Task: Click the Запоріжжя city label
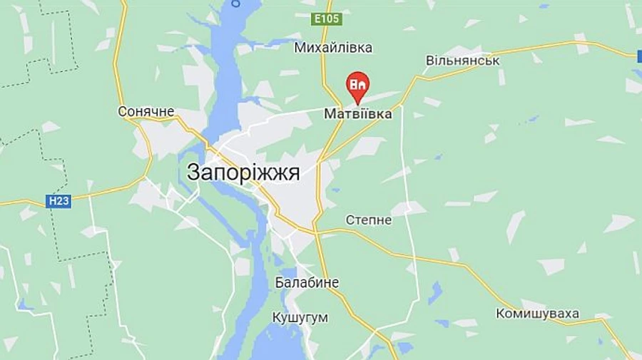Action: (243, 173)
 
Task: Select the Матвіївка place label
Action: (358, 114)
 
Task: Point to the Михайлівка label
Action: (333, 48)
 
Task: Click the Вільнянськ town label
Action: (463, 61)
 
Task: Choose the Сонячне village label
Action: (146, 112)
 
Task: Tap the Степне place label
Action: (369, 220)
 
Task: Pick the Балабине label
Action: (307, 283)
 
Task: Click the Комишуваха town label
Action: (538, 314)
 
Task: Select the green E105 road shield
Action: (327, 19)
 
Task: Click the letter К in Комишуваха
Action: (501, 314)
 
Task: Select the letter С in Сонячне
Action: (122, 112)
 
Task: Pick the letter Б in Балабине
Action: (280, 283)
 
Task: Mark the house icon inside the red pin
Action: (357, 83)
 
